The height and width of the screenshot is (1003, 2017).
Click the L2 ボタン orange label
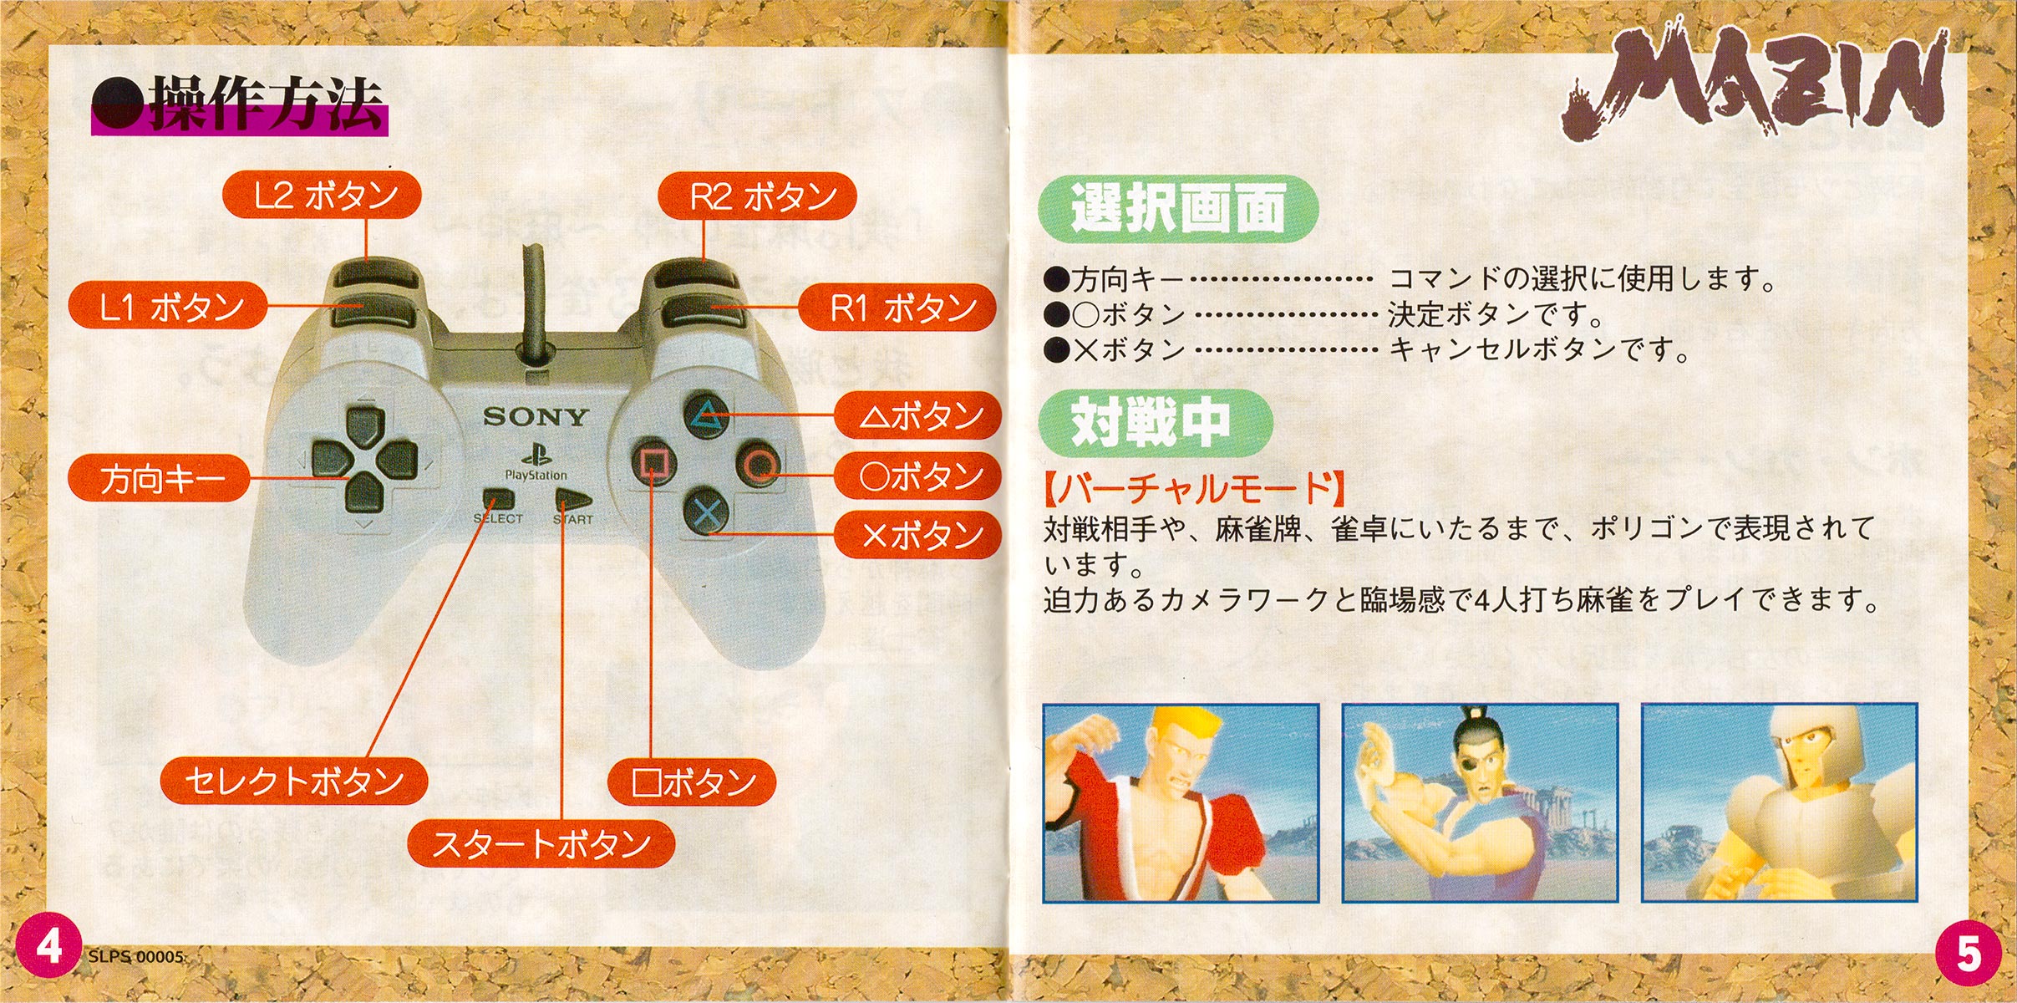pyautogui.click(x=322, y=196)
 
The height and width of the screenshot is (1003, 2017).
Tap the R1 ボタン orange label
pyautogui.click(x=898, y=308)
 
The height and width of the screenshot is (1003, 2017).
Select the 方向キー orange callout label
pyautogui.click(x=159, y=479)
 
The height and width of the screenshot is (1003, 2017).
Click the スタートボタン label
pyautogui.click(x=541, y=843)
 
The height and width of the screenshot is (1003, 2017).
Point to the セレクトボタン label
pyautogui.click(x=294, y=782)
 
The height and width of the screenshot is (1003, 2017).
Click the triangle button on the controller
pyautogui.click(x=707, y=415)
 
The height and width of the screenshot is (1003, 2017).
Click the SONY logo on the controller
pyautogui.click(x=536, y=417)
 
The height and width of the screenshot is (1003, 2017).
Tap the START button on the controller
pyautogui.click(x=573, y=501)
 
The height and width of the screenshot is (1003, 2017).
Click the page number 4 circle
pyautogui.click(x=48, y=948)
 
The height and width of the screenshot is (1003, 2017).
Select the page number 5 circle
pyautogui.click(x=1968, y=954)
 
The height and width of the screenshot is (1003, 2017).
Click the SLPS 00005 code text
pyautogui.click(x=136, y=957)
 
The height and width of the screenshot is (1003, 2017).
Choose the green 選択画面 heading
pyautogui.click(x=1177, y=209)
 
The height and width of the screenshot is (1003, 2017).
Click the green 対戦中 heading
pyautogui.click(x=1154, y=422)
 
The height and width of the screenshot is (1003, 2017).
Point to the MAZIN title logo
pyautogui.click(x=1755, y=88)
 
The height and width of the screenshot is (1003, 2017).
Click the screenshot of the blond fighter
pyautogui.click(x=1181, y=802)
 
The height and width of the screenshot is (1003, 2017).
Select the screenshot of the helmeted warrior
pyautogui.click(x=1779, y=802)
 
